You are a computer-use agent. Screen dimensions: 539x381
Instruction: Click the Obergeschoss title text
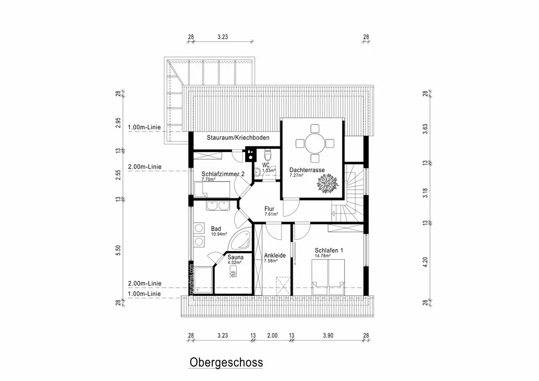pyautogui.click(x=226, y=362)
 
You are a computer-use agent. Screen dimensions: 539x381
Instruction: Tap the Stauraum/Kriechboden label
pyautogui.click(x=231, y=138)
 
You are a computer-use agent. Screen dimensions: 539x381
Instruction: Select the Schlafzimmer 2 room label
pyautogui.click(x=224, y=174)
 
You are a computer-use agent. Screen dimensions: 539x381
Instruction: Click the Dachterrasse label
pyautogui.click(x=307, y=170)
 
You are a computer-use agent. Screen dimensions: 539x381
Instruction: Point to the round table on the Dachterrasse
pyautogui.click(x=314, y=143)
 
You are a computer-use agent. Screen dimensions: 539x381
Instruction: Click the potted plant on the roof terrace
pyautogui.click(x=327, y=184)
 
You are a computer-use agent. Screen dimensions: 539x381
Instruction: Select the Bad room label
pyautogui.click(x=216, y=228)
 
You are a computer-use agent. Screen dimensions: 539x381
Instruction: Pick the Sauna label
pyautogui.click(x=235, y=258)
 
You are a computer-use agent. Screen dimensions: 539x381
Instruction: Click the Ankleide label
pyautogui.click(x=274, y=255)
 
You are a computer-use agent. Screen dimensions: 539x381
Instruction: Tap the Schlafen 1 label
pyautogui.click(x=329, y=250)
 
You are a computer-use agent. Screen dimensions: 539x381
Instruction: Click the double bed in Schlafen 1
pyautogui.click(x=329, y=276)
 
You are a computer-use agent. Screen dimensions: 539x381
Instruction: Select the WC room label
pyautogui.click(x=266, y=165)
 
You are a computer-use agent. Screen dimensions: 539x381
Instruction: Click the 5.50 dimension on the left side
pyautogui.click(x=119, y=250)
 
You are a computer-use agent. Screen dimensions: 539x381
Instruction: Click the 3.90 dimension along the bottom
pyautogui.click(x=328, y=336)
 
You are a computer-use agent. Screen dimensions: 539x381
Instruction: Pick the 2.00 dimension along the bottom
pyautogui.click(x=272, y=336)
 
